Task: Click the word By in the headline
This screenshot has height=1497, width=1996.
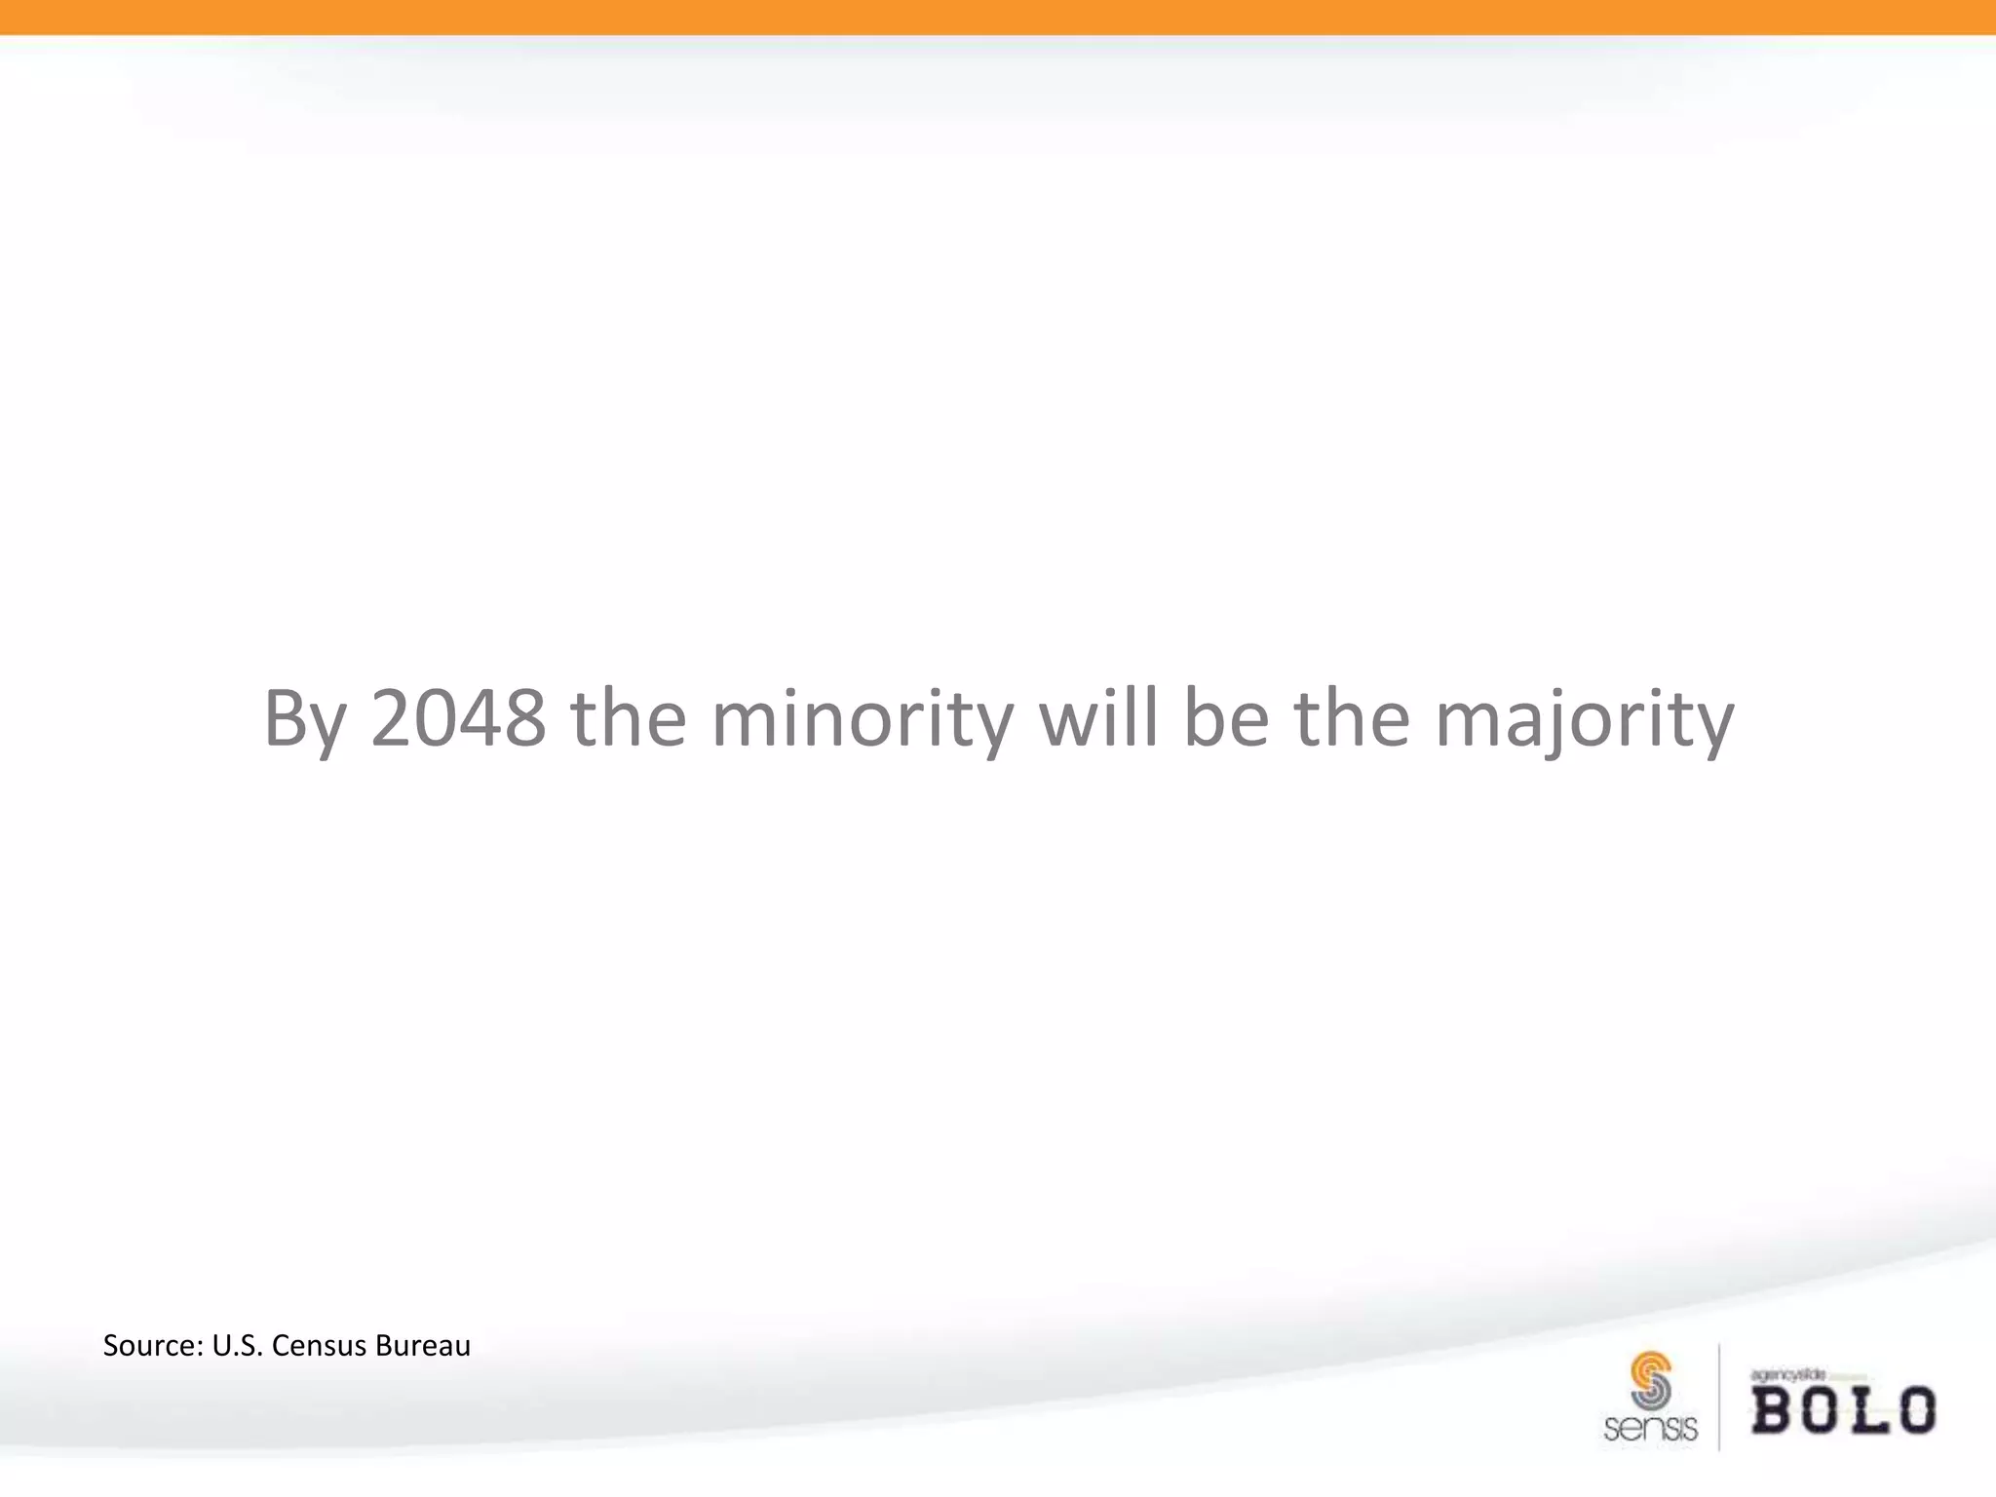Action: coord(304,719)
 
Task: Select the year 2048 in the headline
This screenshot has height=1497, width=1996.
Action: coord(457,719)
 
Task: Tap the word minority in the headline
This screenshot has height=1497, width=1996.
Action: coord(862,719)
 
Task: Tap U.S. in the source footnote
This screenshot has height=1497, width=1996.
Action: coord(237,1346)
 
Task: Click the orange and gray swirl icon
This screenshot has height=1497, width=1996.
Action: coord(1650,1380)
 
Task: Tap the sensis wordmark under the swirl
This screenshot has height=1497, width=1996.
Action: coord(1650,1429)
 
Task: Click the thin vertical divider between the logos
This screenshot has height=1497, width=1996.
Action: coord(1719,1398)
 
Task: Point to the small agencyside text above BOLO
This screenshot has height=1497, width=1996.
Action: coord(1787,1375)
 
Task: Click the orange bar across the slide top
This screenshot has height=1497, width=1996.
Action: coord(998,17)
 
